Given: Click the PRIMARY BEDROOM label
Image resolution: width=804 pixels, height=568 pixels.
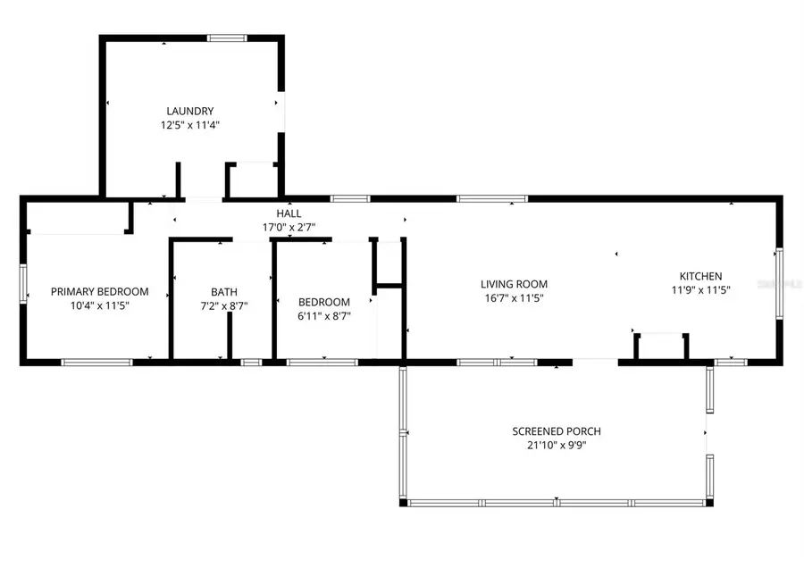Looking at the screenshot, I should (99, 292).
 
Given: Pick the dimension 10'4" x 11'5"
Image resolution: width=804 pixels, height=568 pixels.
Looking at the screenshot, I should (99, 306).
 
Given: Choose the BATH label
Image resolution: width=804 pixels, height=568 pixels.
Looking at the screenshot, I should (224, 292).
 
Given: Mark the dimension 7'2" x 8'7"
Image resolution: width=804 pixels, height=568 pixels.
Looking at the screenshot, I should (224, 306).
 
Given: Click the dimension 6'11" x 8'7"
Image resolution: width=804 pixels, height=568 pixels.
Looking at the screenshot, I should (324, 316).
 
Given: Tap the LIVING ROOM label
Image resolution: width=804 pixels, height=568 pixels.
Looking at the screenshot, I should (514, 285).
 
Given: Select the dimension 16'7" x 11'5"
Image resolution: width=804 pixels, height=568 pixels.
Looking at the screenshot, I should (514, 299).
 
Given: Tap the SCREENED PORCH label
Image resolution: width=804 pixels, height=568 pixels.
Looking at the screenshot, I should (556, 431).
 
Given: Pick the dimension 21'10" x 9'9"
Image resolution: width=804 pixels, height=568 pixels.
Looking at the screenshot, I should (556, 445).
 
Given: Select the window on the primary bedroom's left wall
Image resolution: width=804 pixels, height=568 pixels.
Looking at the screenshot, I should (24, 284).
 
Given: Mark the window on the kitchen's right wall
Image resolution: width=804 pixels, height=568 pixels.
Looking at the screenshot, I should (779, 283).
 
